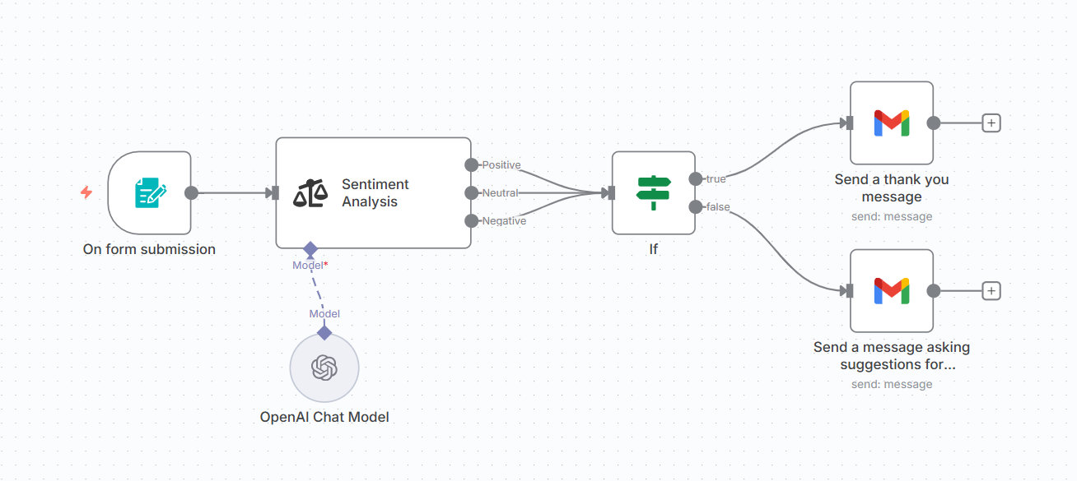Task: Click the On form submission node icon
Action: (150, 193)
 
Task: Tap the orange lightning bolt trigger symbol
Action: (86, 192)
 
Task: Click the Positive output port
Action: (471, 165)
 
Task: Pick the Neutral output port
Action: (471, 193)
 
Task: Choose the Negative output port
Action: (471, 220)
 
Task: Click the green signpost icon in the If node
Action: (654, 192)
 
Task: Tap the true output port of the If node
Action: (696, 179)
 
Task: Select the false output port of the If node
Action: (696, 206)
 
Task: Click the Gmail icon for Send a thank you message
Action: (892, 123)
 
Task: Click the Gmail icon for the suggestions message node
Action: (892, 290)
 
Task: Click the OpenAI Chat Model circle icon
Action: (324, 368)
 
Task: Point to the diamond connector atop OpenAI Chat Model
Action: (324, 332)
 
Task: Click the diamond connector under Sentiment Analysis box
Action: (310, 248)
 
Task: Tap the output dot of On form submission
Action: (191, 193)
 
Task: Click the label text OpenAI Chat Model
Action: (324, 417)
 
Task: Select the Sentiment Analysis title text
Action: (375, 193)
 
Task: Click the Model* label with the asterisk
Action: (310, 266)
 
